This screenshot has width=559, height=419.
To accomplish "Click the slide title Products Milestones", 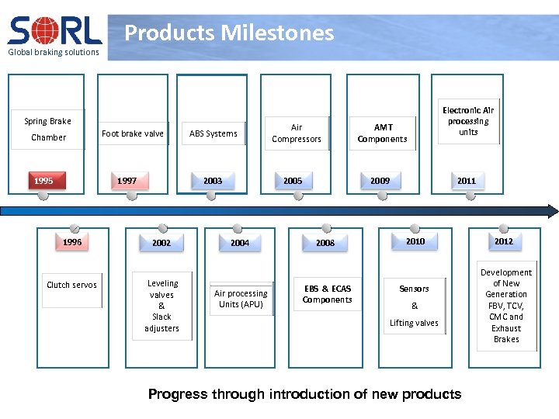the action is coord(229,33).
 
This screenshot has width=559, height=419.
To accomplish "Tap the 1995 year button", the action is coord(43,181).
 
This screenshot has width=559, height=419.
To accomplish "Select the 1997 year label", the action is coord(127,181).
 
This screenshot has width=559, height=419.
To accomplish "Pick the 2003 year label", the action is coord(212,181).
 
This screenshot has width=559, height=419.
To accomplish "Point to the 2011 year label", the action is coord(466,181).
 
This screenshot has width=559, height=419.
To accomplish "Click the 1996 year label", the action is coord(72,242).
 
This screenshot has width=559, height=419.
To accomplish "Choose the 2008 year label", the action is coord(325,243).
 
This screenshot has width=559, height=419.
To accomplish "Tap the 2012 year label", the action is coord(504,241).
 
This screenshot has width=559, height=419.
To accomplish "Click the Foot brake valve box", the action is coord(133,133).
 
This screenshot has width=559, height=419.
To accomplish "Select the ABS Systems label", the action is coord(214,133).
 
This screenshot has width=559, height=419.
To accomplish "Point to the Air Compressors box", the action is coord(297,133).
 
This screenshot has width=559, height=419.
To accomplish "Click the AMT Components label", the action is coord(383,133).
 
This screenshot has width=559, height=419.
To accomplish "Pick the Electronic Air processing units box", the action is coord(468,122).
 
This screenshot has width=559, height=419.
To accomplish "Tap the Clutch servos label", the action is coord(71,285).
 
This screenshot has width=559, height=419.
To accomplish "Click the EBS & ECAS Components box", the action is coord(327,294).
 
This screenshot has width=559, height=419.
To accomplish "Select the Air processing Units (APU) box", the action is coord(241,299).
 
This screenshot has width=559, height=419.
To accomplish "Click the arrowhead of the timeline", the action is coord(552,211).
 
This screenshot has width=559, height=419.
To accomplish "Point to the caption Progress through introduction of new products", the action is coord(304,394).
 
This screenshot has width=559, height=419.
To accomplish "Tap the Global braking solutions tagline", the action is coord(54,52).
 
